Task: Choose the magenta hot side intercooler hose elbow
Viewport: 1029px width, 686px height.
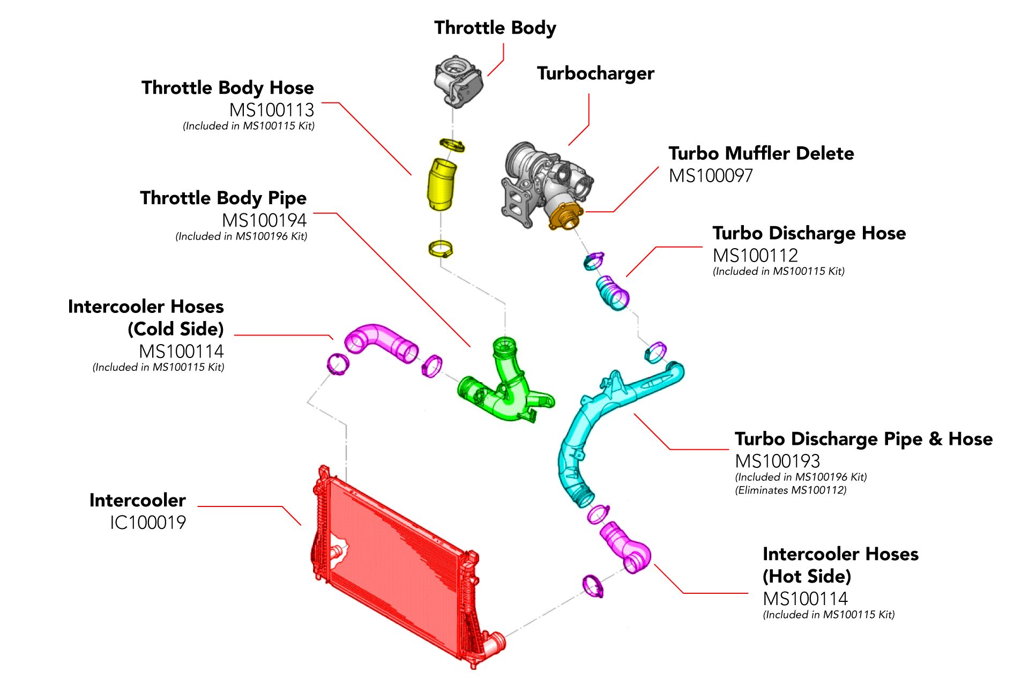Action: click(627, 549)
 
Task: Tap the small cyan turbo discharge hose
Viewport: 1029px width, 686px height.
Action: click(613, 292)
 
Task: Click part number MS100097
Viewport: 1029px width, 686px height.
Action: click(711, 176)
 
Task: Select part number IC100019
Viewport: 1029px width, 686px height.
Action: click(148, 523)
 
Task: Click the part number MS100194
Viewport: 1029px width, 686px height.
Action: click(264, 220)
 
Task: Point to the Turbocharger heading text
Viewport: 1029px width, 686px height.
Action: click(595, 73)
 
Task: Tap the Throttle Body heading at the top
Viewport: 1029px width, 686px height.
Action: click(495, 28)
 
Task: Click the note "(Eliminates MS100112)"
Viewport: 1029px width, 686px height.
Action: click(791, 490)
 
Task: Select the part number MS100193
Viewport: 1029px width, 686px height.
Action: click(777, 461)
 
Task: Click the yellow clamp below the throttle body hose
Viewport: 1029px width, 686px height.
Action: click(441, 249)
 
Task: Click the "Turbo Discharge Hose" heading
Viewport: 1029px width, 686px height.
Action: click(809, 233)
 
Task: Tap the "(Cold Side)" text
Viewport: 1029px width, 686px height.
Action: click(176, 329)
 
